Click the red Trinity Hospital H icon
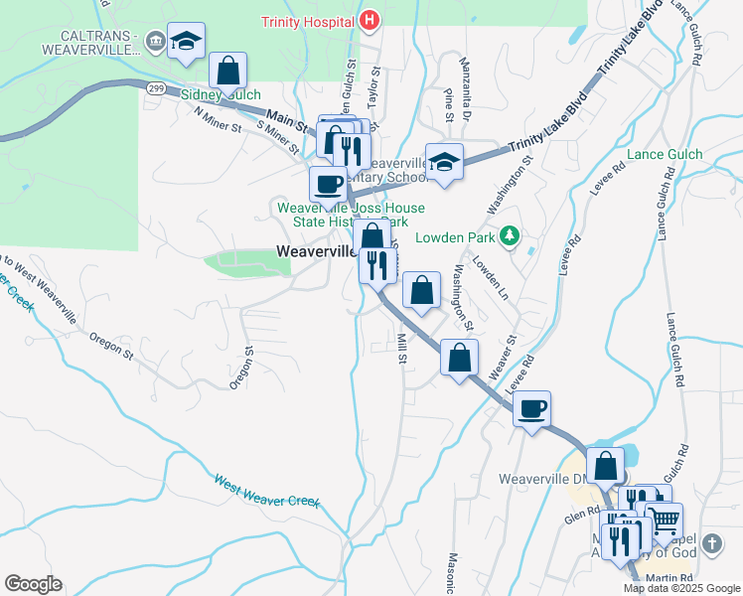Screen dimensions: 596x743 point(370,20)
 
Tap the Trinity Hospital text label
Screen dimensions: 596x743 point(308,21)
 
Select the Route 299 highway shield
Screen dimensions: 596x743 point(155,88)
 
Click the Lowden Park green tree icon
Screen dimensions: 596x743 point(510,235)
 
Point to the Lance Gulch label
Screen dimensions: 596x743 point(665,154)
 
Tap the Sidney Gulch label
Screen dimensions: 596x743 point(219,95)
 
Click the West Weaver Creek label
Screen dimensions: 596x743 point(266,490)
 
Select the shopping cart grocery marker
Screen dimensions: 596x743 point(664,518)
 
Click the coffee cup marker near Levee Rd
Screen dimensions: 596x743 point(531,407)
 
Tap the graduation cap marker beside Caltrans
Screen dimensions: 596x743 point(186,40)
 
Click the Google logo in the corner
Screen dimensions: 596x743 point(33,583)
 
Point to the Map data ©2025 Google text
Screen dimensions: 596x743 point(682,588)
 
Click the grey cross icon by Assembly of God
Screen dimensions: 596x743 point(711,543)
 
